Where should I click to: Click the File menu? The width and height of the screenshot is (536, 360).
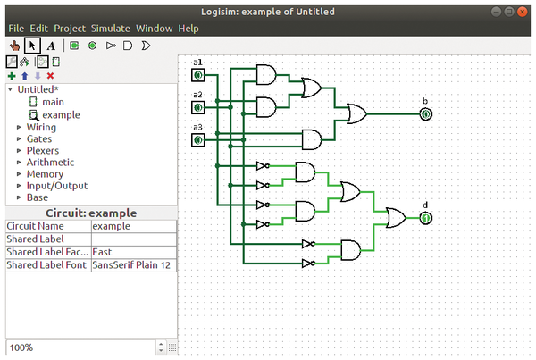click(17, 29)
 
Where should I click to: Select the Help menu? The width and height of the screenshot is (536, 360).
click(188, 29)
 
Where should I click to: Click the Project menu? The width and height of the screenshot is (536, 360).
click(70, 29)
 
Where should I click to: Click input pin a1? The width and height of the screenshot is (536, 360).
click(198, 75)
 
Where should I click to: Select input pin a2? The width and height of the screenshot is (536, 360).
click(198, 108)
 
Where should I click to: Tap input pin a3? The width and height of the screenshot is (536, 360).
click(198, 140)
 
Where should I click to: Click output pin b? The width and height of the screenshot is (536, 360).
click(426, 114)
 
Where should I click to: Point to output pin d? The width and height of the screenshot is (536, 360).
click(426, 217)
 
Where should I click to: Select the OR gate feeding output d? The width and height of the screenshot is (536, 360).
click(395, 217)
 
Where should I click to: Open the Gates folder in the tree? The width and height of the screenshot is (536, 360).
click(38, 139)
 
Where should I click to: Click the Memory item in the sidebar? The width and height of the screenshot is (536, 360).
click(45, 174)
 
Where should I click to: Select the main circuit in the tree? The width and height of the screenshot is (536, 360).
click(53, 102)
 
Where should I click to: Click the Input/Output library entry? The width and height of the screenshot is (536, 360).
click(57, 186)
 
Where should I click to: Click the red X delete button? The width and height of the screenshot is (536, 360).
click(50, 77)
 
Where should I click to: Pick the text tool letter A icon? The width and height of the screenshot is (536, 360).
click(50, 45)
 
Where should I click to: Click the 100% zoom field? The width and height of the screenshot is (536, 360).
click(80, 347)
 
